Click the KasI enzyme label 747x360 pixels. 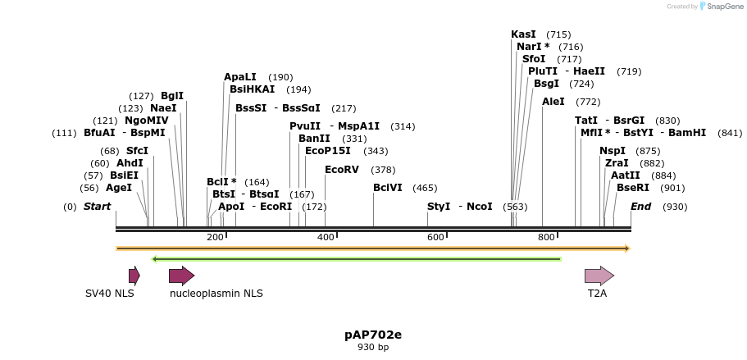click(x=523, y=34)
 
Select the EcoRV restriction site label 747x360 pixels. click(x=342, y=170)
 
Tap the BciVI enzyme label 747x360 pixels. click(x=388, y=188)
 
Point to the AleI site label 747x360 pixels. click(x=553, y=102)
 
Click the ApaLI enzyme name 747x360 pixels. click(x=240, y=77)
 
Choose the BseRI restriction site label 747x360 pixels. click(x=633, y=188)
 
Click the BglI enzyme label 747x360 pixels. click(x=172, y=96)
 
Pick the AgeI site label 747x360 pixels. click(x=119, y=188)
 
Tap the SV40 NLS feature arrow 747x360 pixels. click(x=134, y=276)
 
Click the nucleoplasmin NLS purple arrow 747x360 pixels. click(x=181, y=276)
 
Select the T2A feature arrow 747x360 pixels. click(x=599, y=276)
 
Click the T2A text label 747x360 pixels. click(x=597, y=293)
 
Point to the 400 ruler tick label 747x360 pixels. click(x=326, y=238)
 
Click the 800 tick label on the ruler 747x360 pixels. click(x=546, y=238)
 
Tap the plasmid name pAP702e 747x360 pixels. click(x=373, y=335)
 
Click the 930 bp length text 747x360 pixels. click(x=373, y=348)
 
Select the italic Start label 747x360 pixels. click(x=97, y=207)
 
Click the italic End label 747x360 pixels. click(x=640, y=207)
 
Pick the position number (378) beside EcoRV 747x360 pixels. click(x=383, y=170)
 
